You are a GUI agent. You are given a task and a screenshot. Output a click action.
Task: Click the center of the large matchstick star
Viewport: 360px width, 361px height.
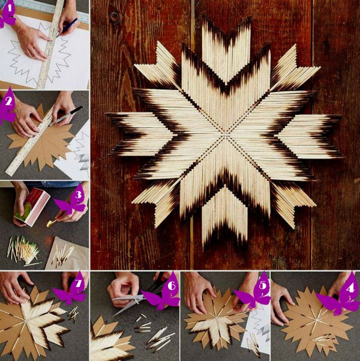pyautogui.click(x=224, y=136)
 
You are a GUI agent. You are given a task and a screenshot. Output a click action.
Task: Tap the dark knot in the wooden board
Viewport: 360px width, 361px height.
pyautogui.click(x=113, y=17)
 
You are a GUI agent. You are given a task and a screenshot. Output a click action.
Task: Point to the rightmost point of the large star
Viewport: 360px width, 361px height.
pyautogui.click(x=342, y=157)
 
